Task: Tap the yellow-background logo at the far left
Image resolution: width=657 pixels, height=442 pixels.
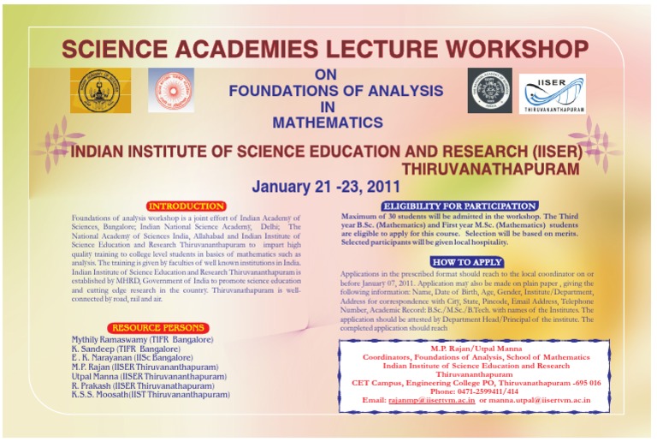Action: pyautogui.click(x=100, y=91)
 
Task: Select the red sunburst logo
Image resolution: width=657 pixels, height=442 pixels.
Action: pyautogui.click(x=171, y=91)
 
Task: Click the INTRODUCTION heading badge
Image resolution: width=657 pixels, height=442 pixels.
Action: pyautogui.click(x=186, y=206)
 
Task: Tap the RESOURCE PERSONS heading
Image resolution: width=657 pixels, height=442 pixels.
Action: pyautogui.click(x=158, y=328)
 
